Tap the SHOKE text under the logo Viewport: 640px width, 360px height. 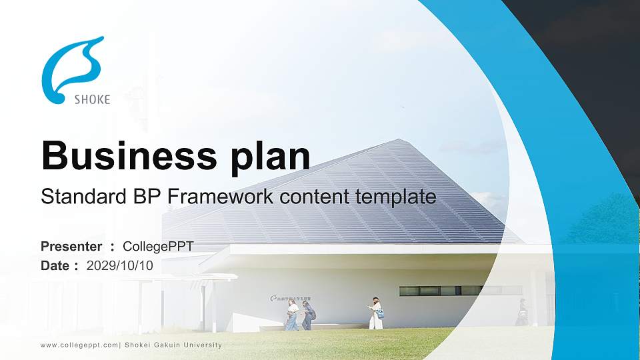[91, 100]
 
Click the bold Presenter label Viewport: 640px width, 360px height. [71, 247]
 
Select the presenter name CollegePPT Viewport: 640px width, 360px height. [158, 247]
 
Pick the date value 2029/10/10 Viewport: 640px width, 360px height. [120, 265]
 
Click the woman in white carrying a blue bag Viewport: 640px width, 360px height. [376, 313]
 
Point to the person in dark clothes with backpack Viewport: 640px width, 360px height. [308, 314]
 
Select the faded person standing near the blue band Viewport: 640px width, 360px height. [522, 312]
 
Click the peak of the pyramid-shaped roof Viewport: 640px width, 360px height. [399, 141]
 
